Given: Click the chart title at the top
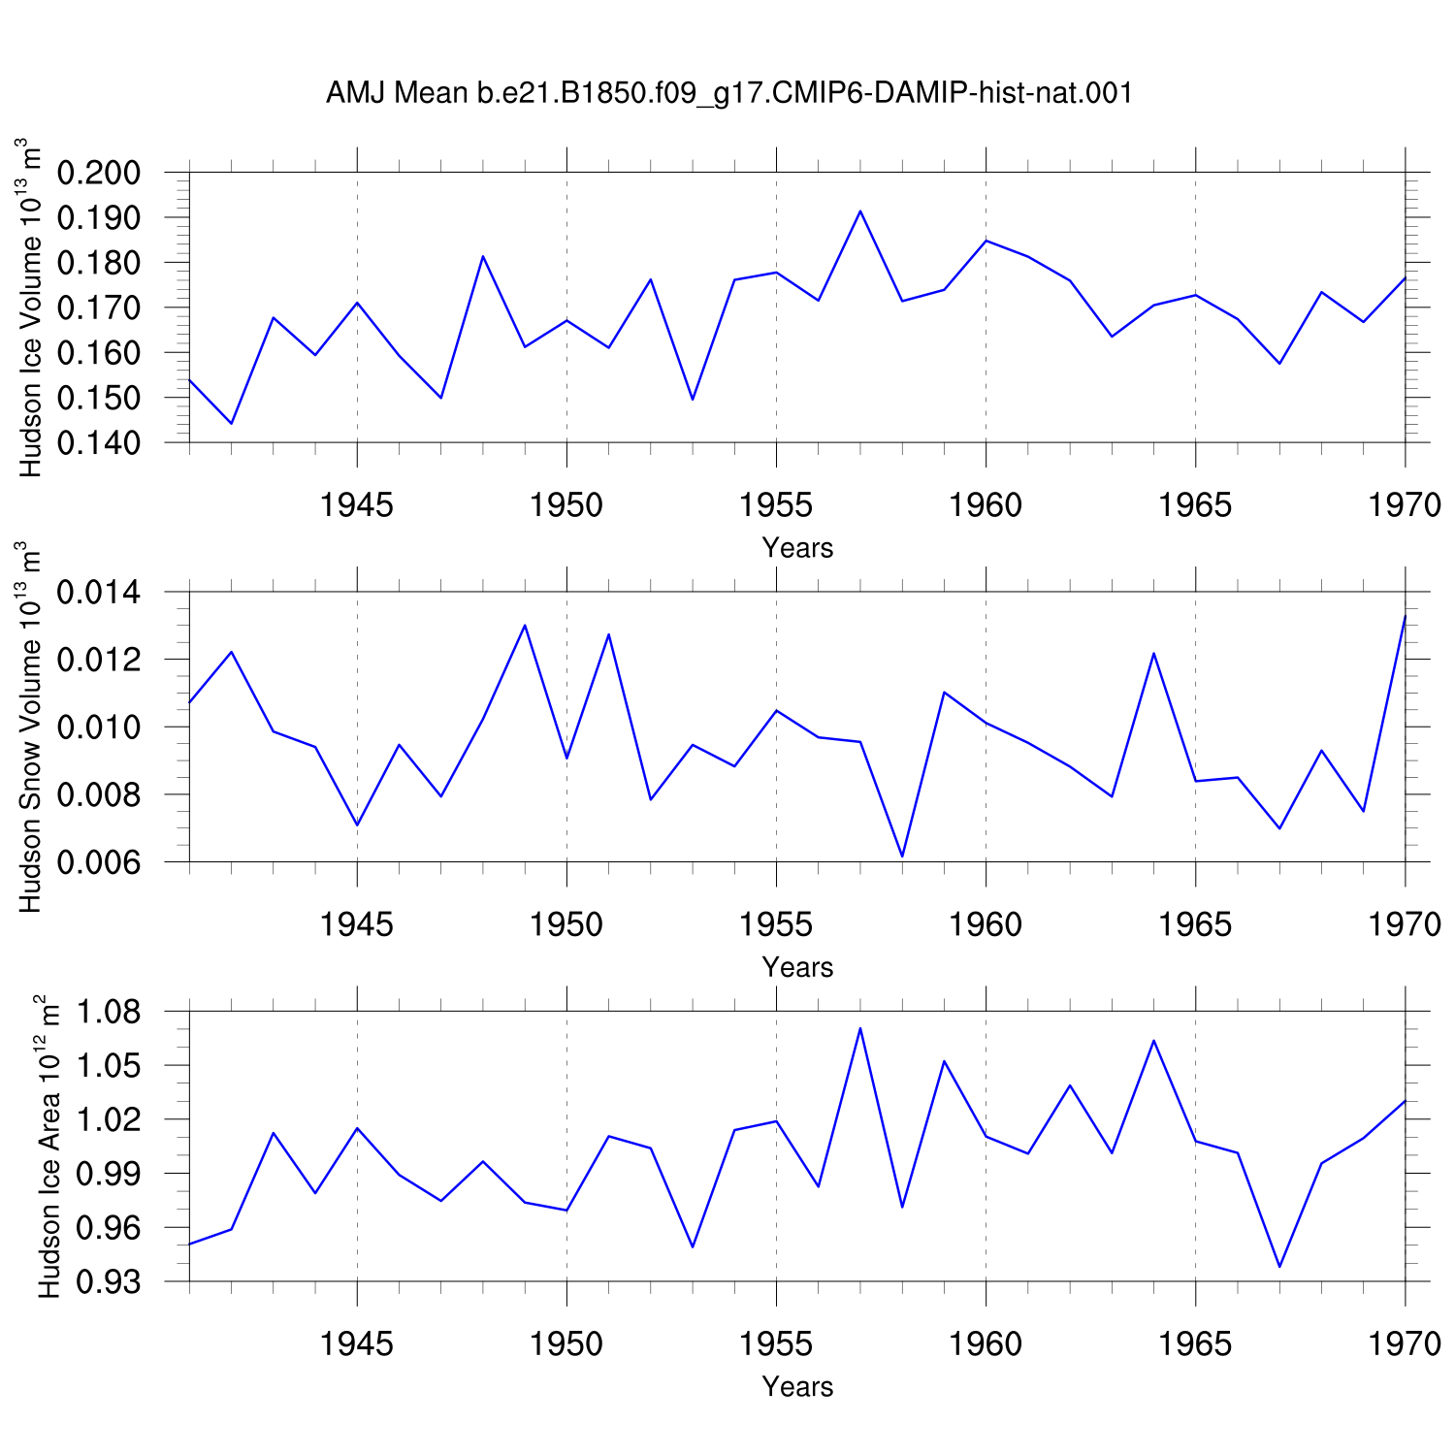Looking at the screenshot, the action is click(728, 94).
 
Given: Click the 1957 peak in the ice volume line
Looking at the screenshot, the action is click(860, 210).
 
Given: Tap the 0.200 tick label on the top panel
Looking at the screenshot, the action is click(100, 174).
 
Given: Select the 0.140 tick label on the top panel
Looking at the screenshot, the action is click(100, 443).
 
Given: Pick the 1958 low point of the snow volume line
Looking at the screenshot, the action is click(902, 857).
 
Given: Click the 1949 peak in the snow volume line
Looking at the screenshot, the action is click(525, 625).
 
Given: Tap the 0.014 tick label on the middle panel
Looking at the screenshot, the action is click(100, 592).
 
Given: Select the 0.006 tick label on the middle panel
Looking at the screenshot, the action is click(100, 862).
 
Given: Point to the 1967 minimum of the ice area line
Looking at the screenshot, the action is click(1279, 1267).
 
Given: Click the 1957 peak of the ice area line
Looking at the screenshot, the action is click(860, 1028).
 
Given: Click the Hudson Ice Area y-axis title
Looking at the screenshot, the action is click(48, 1147).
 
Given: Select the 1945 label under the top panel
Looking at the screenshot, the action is click(357, 505).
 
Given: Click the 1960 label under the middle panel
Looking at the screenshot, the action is click(986, 924).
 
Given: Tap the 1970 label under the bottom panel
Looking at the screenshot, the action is click(1405, 1343).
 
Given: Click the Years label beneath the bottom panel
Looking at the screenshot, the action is click(797, 1387).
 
